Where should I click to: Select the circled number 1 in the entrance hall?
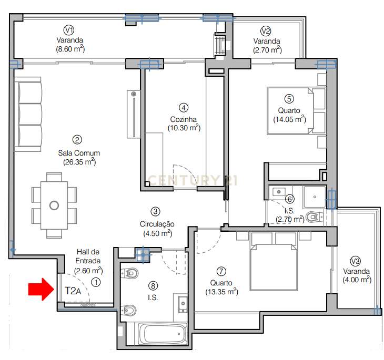pos(96,282)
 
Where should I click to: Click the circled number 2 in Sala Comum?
pos(77,140)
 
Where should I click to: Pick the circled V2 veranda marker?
pos(266,30)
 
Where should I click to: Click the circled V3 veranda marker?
pos(356,261)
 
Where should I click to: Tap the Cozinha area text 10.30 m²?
pos(184,127)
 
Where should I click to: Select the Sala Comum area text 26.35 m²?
pos(79,162)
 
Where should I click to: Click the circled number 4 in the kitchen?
pos(183,108)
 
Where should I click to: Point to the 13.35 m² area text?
pos(221,292)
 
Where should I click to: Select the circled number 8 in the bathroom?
pos(153,286)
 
